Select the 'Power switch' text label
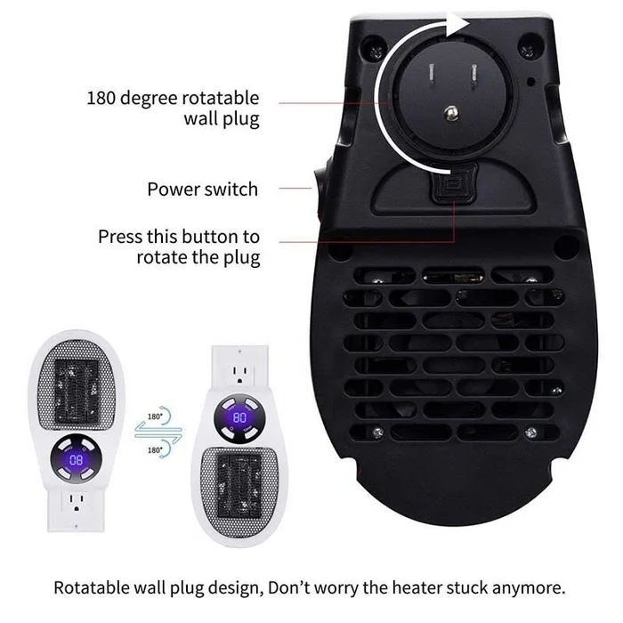pos(202,189)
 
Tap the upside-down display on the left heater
pos(76,459)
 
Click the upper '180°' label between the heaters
pos(155,415)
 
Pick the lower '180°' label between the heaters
pos(155,450)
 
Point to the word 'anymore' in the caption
pos(531,588)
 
